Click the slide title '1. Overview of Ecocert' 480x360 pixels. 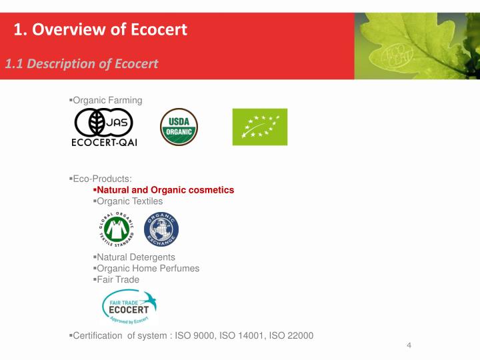pos(101,29)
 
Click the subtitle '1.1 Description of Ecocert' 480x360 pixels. pos(81,63)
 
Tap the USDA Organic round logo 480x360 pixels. pos(179,127)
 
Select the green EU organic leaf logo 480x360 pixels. pos(259,127)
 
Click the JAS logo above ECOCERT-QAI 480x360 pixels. pos(104,123)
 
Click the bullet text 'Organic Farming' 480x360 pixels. pos(107,100)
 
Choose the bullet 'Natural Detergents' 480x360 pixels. pos(136,257)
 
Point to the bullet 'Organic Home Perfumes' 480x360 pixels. pos(148,268)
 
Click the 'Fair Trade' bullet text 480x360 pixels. pos(118,279)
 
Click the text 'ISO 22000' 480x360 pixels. pos(291,335)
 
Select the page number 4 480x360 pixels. pos(409,345)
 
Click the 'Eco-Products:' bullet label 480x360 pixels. pos(102,179)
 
